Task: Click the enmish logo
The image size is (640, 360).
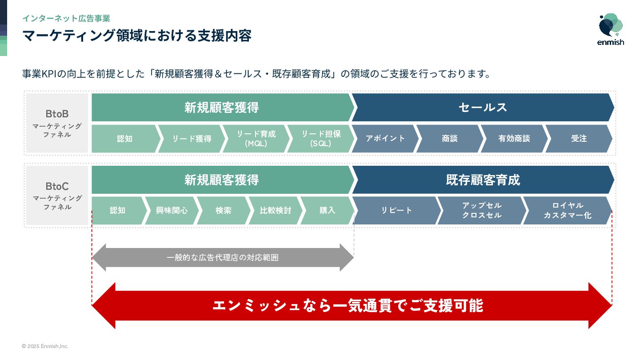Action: click(611, 29)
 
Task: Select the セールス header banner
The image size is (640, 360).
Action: click(483, 108)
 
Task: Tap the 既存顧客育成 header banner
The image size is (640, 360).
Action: click(483, 180)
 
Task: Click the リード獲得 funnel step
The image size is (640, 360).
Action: click(192, 139)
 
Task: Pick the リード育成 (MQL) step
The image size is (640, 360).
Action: click(256, 139)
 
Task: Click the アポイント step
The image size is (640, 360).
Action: click(385, 139)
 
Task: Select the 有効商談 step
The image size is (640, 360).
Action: click(514, 139)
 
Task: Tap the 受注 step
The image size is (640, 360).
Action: click(579, 139)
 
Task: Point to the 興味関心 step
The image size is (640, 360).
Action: click(172, 211)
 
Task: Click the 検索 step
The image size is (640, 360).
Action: click(223, 211)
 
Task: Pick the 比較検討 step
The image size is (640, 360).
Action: click(275, 211)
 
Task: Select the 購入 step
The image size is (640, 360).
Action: click(327, 211)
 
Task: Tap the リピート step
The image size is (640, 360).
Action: click(396, 211)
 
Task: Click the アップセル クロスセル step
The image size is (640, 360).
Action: click(482, 211)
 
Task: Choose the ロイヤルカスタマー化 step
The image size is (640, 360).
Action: click(568, 211)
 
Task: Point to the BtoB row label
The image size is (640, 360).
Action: click(57, 123)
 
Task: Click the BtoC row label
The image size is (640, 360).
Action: click(57, 196)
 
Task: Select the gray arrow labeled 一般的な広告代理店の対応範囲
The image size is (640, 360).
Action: click(223, 258)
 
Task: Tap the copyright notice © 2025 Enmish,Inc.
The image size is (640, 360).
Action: click(45, 346)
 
